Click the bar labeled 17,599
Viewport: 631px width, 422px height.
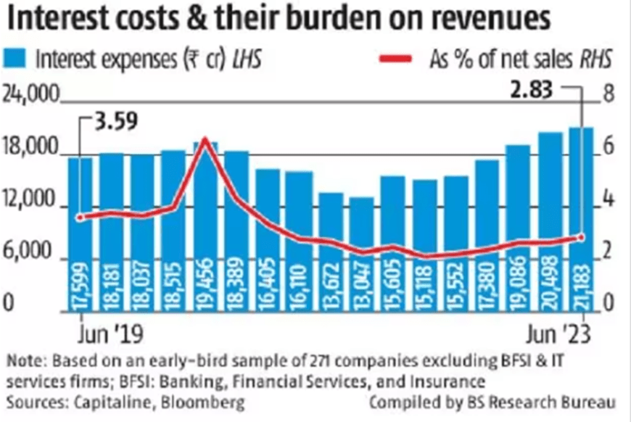coord(81,232)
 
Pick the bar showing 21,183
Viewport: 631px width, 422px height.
coord(581,218)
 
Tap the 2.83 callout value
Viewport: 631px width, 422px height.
coord(532,90)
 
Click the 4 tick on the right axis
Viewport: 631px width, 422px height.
coord(608,201)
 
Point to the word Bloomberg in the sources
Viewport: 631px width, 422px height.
coord(210,401)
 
